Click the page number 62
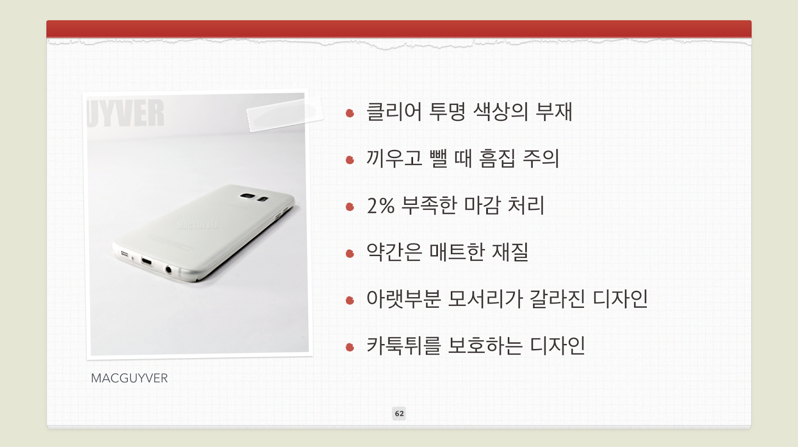tap(399, 414)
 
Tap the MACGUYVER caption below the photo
tap(129, 378)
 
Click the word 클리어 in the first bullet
tap(394, 112)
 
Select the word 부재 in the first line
tap(554, 112)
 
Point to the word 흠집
tap(497, 158)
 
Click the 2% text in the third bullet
tap(381, 206)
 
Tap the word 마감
tap(481, 205)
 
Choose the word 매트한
tap(457, 252)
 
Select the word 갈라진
tap(557, 299)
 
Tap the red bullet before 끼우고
tap(350, 160)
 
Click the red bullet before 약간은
tap(350, 253)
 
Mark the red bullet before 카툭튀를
tap(350, 347)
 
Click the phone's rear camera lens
tap(247, 196)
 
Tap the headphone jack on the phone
tap(169, 270)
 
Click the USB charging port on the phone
tap(147, 262)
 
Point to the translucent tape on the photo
tap(285, 114)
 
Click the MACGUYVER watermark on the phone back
tap(198, 225)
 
